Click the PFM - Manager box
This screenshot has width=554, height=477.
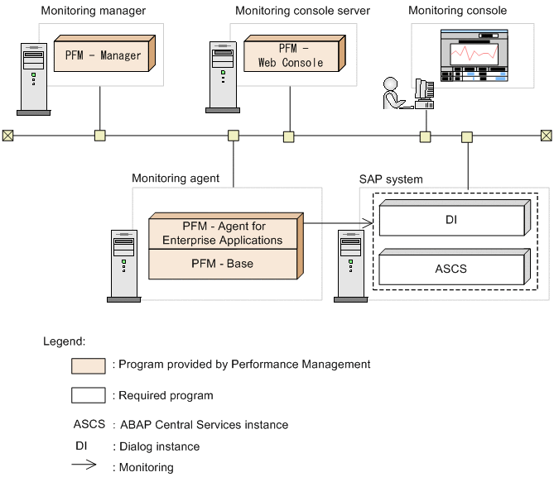(x=103, y=55)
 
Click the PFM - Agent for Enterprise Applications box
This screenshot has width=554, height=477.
(x=222, y=233)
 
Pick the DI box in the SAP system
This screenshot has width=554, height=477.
(x=450, y=220)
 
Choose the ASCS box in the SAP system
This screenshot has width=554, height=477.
(x=450, y=268)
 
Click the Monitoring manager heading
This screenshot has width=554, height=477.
(x=92, y=11)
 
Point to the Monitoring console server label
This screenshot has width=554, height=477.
(x=302, y=11)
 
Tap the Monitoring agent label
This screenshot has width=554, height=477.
(x=176, y=178)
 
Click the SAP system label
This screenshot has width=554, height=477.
(x=391, y=179)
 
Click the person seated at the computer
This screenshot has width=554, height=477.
(x=392, y=93)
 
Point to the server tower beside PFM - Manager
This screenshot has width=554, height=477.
(x=33, y=78)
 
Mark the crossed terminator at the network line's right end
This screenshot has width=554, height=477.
(x=547, y=135)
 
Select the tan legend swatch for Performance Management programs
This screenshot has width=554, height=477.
(x=89, y=365)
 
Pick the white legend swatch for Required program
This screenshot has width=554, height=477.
(x=89, y=395)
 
